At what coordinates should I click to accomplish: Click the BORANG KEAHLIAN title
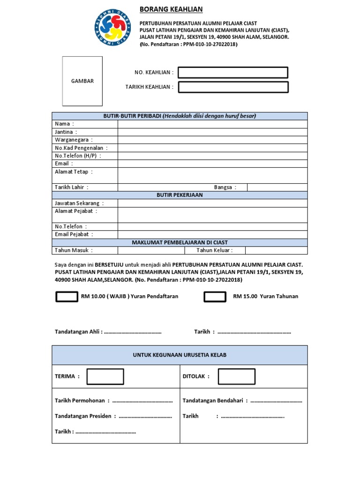click(x=171, y=9)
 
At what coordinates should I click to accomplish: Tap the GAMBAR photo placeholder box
click(x=82, y=81)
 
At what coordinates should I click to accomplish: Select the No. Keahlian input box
click(x=233, y=72)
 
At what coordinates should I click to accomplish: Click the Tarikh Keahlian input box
click(x=233, y=87)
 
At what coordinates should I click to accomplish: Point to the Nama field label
click(x=64, y=124)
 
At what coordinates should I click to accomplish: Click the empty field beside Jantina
click(x=212, y=132)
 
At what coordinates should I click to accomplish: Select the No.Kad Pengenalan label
click(x=81, y=148)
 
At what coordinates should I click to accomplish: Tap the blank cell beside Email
click(x=212, y=164)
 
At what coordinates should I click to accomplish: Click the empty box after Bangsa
click(x=277, y=187)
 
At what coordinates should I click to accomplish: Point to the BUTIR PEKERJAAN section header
click(x=180, y=195)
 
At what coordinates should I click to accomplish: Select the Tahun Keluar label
click(x=214, y=250)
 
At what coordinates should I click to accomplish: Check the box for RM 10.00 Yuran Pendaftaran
click(x=67, y=296)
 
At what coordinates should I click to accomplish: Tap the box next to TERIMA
click(x=105, y=376)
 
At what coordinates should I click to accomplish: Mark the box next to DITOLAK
click(x=236, y=376)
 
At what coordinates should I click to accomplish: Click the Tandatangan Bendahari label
click(x=214, y=400)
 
